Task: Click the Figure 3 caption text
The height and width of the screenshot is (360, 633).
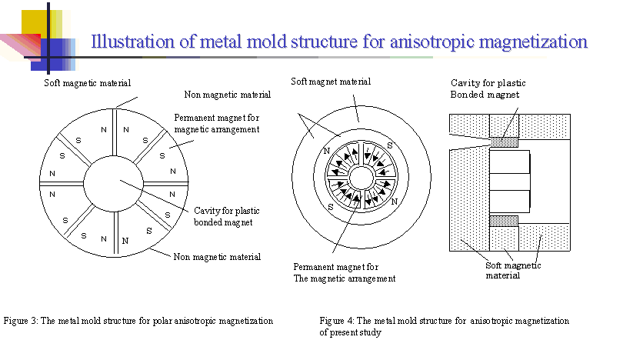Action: [x=138, y=320]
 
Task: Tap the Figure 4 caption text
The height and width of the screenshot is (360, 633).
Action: [x=444, y=325]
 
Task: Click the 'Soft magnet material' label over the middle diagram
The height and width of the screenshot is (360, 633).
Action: [x=331, y=81]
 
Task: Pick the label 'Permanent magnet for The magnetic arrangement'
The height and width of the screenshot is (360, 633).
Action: [x=344, y=272]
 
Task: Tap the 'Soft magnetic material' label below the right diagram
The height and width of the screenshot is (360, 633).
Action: [x=513, y=270]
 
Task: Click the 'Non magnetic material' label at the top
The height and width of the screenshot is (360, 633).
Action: [x=227, y=95]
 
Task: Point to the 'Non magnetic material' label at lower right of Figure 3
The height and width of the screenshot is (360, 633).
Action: [x=216, y=257]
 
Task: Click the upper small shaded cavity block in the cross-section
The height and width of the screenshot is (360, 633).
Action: [x=504, y=141]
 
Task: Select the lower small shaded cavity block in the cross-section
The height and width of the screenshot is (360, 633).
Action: [x=504, y=221]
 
